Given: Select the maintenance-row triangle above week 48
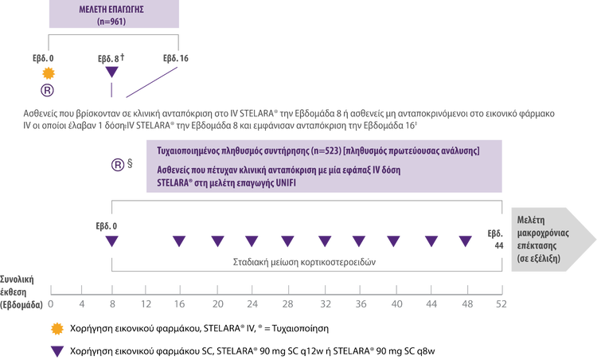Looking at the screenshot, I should coord(466,241).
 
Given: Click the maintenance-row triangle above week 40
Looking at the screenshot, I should coord(395,241).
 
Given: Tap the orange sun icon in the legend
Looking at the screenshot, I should coord(55,327).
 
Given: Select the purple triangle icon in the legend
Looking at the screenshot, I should coord(55,349).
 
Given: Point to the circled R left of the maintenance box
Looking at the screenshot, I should coord(117,165).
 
